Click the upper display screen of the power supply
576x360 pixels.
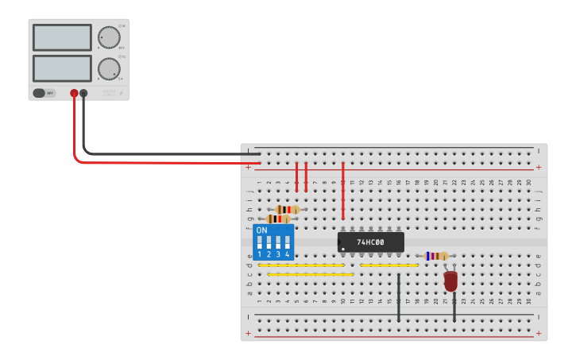pos(62,37)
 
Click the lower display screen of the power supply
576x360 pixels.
pos(62,68)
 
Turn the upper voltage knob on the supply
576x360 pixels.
pos(109,37)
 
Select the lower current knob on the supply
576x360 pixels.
pos(109,69)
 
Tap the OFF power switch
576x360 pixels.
pos(44,93)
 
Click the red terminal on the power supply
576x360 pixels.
pos(74,93)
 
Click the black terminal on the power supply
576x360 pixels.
pos(83,93)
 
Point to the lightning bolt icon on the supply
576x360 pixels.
pos(121,94)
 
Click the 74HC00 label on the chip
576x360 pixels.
pos(370,242)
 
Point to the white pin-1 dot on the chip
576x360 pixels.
pos(343,249)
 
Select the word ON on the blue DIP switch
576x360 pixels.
pos(261,230)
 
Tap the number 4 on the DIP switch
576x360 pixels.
pos(287,254)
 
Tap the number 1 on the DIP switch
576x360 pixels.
pos(259,254)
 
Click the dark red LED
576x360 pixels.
pos(450,281)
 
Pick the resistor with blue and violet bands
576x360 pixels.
pos(435,256)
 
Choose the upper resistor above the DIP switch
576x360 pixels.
pos(287,210)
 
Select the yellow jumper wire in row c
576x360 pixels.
pos(311,274)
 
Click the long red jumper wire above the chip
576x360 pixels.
pos(342,191)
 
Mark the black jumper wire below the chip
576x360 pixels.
pos(398,298)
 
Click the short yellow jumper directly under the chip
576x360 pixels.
pos(389,265)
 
